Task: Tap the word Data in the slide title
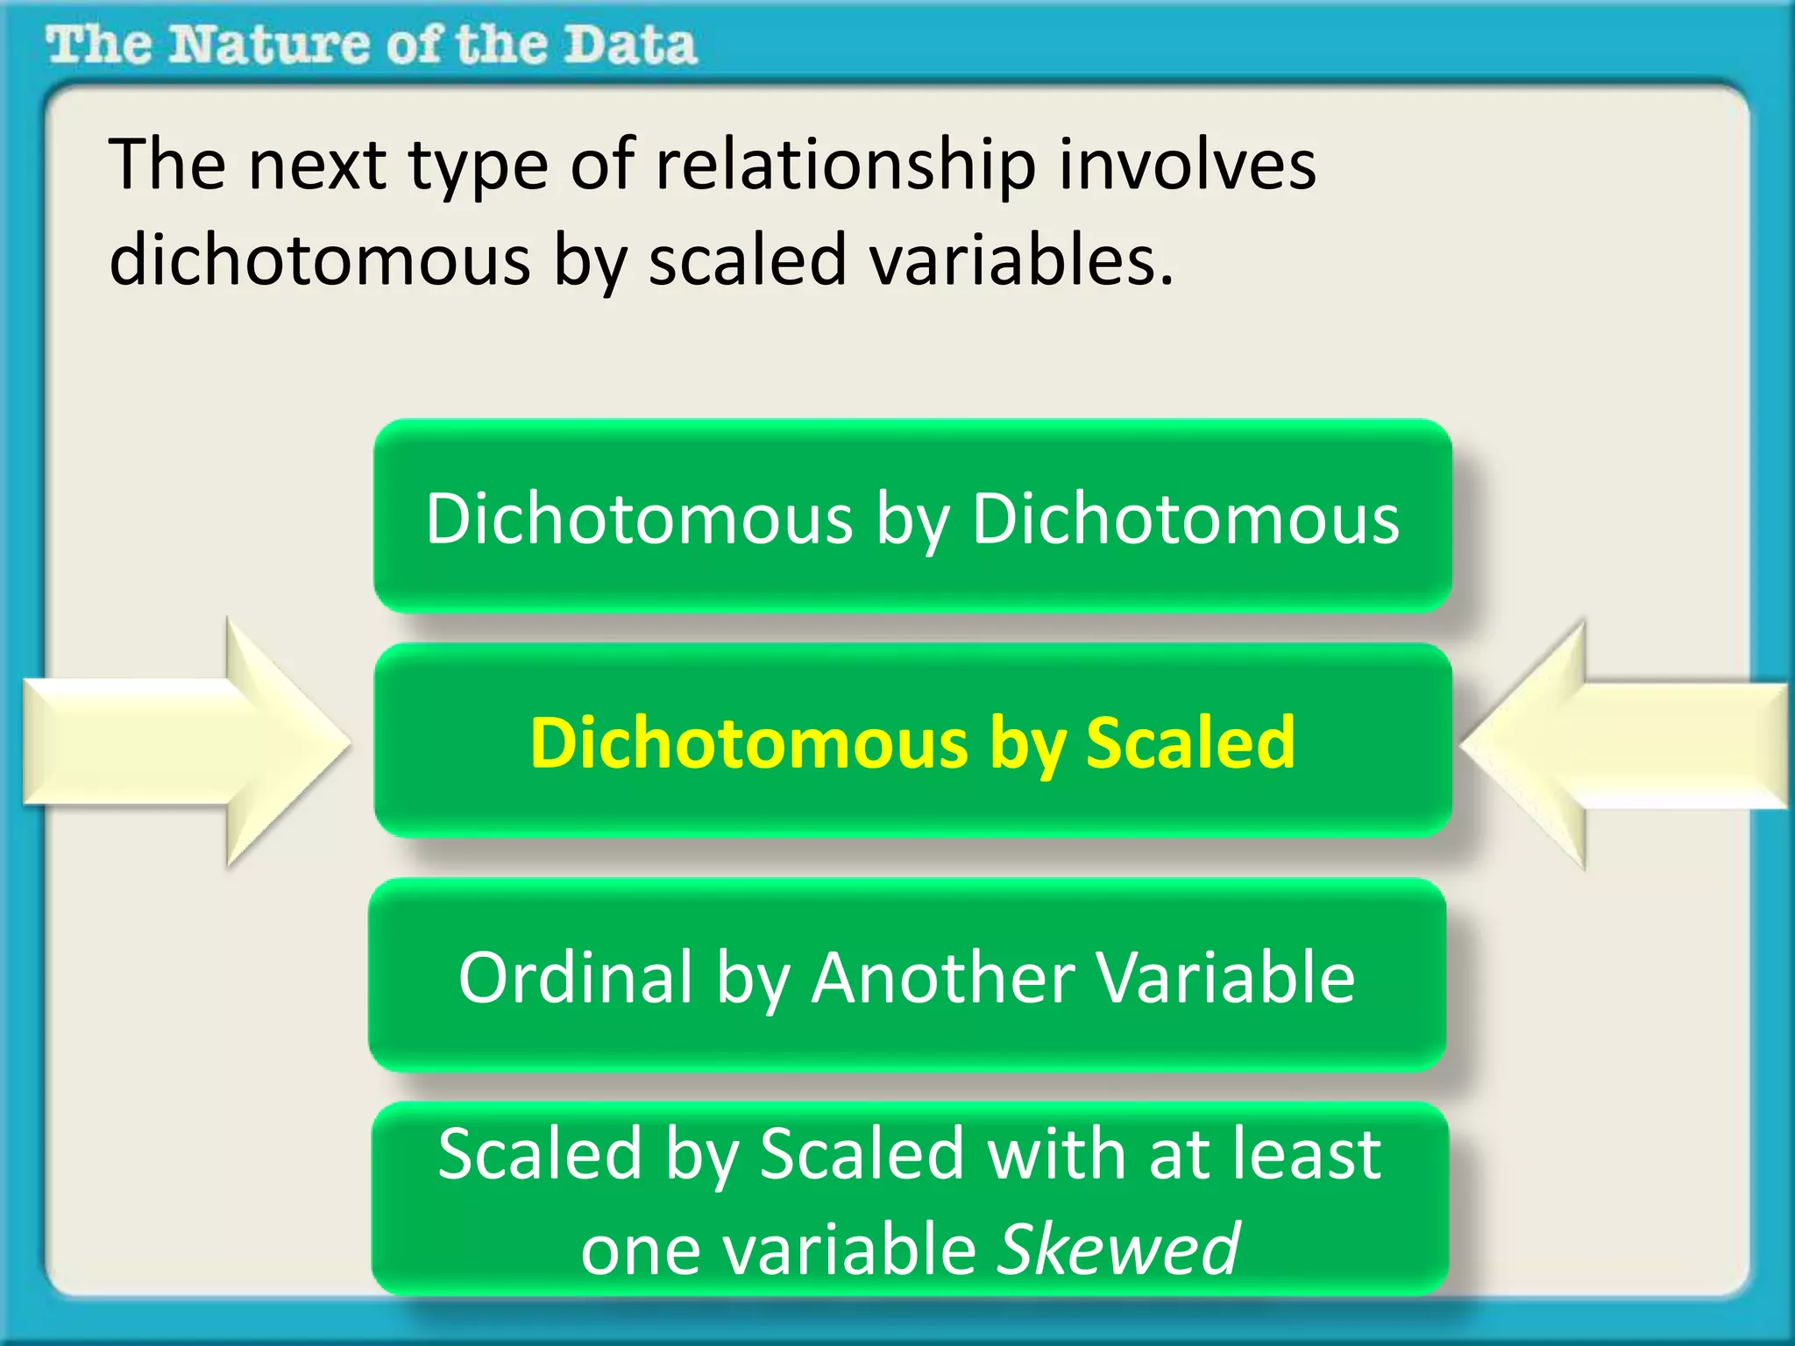629,45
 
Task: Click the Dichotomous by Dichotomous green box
912,516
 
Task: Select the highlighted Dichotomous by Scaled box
912,741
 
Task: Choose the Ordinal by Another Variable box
907,976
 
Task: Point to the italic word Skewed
1119,1248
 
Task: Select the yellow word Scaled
1189,742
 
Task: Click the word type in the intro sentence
479,166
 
